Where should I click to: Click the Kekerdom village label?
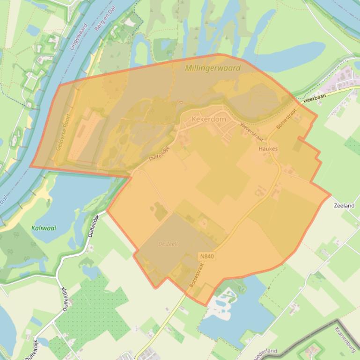[209, 119]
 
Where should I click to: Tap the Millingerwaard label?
[213, 68]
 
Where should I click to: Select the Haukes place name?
[268, 149]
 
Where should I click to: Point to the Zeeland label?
[344, 205]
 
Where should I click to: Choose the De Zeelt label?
[169, 244]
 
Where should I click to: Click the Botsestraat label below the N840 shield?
[195, 277]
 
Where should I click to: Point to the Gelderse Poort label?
[63, 132]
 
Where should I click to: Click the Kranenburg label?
[346, 338]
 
